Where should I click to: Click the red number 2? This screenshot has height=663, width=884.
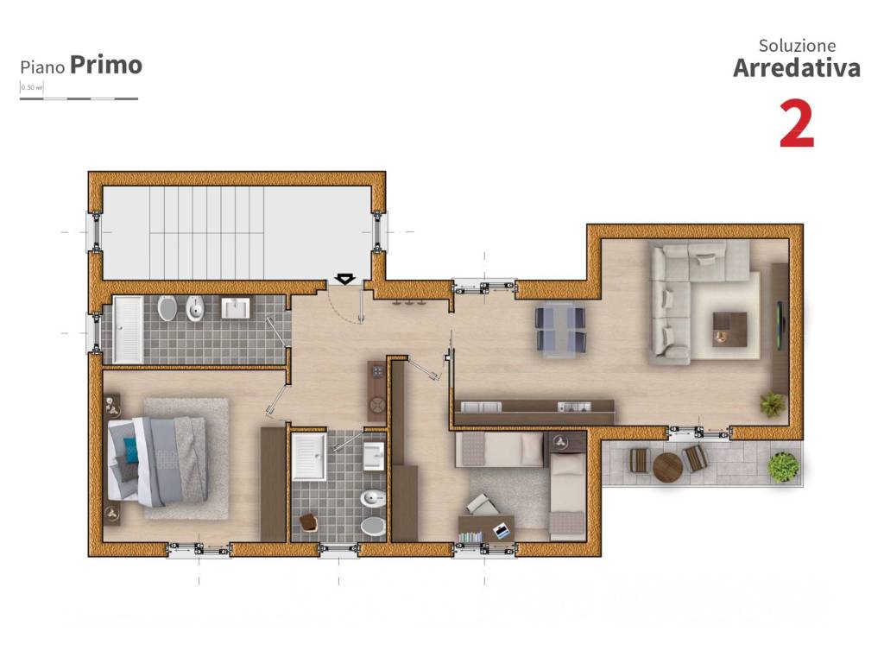pyautogui.click(x=796, y=124)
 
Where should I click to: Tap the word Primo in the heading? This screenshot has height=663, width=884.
pyautogui.click(x=106, y=65)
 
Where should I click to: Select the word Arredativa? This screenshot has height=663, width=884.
pyautogui.click(x=796, y=68)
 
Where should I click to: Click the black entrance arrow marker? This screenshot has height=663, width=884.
pyautogui.click(x=344, y=279)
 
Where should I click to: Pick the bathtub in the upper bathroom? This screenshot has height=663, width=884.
pyautogui.click(x=129, y=329)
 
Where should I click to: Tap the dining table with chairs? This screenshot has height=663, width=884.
pyautogui.click(x=560, y=330)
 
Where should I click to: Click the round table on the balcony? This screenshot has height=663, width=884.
pyautogui.click(x=667, y=467)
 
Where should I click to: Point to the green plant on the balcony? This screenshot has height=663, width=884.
pyautogui.click(x=784, y=467)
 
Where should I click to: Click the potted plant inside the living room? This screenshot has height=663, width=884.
pyautogui.click(x=772, y=403)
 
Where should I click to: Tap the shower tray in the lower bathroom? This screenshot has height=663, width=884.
pyautogui.click(x=308, y=456)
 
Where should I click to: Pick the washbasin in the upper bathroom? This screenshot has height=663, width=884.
pyautogui.click(x=235, y=308)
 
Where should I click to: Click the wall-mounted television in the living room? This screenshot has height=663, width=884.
pyautogui.click(x=781, y=325)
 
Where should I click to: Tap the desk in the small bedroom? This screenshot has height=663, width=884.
pyautogui.click(x=485, y=527)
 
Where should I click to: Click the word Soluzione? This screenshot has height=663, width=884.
pyautogui.click(x=797, y=46)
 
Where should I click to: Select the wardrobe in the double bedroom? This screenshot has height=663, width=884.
pyautogui.click(x=273, y=483)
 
